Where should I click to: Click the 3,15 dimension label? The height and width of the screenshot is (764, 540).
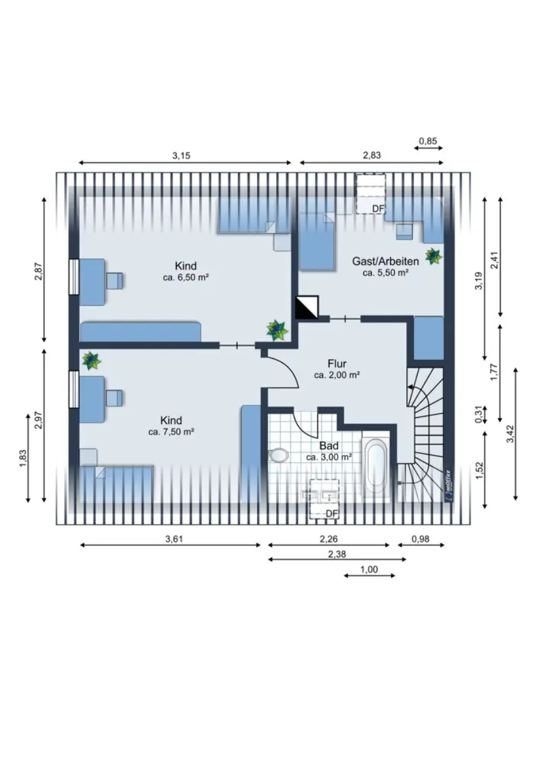coord(181,155)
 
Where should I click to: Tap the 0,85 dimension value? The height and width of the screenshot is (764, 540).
coord(428,141)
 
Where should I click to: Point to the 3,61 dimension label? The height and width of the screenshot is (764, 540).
coord(174,539)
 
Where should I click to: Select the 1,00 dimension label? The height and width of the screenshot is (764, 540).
coord(369,569)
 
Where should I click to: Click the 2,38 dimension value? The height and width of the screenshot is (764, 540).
coord(337,555)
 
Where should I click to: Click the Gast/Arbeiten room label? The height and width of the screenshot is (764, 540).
coord(385,262)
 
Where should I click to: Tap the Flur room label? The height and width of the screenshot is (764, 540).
coord(337,364)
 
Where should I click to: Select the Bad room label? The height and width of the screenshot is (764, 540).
coord(329,446)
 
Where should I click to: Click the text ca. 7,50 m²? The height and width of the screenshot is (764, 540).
coord(171,432)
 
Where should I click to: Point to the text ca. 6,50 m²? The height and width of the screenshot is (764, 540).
coord(186,278)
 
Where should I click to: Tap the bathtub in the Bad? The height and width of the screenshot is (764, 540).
coord(375,464)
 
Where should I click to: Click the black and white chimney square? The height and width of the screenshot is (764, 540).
coord(307,308)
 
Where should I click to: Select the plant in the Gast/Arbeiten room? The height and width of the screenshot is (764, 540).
coord(434,256)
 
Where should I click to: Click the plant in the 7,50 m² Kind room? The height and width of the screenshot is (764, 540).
coord(91,361)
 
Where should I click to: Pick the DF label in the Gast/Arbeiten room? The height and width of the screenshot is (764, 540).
coord(378,209)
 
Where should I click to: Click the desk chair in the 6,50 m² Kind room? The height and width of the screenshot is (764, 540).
coord(114,281)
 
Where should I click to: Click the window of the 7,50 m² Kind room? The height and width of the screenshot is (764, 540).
coord(74,389)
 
